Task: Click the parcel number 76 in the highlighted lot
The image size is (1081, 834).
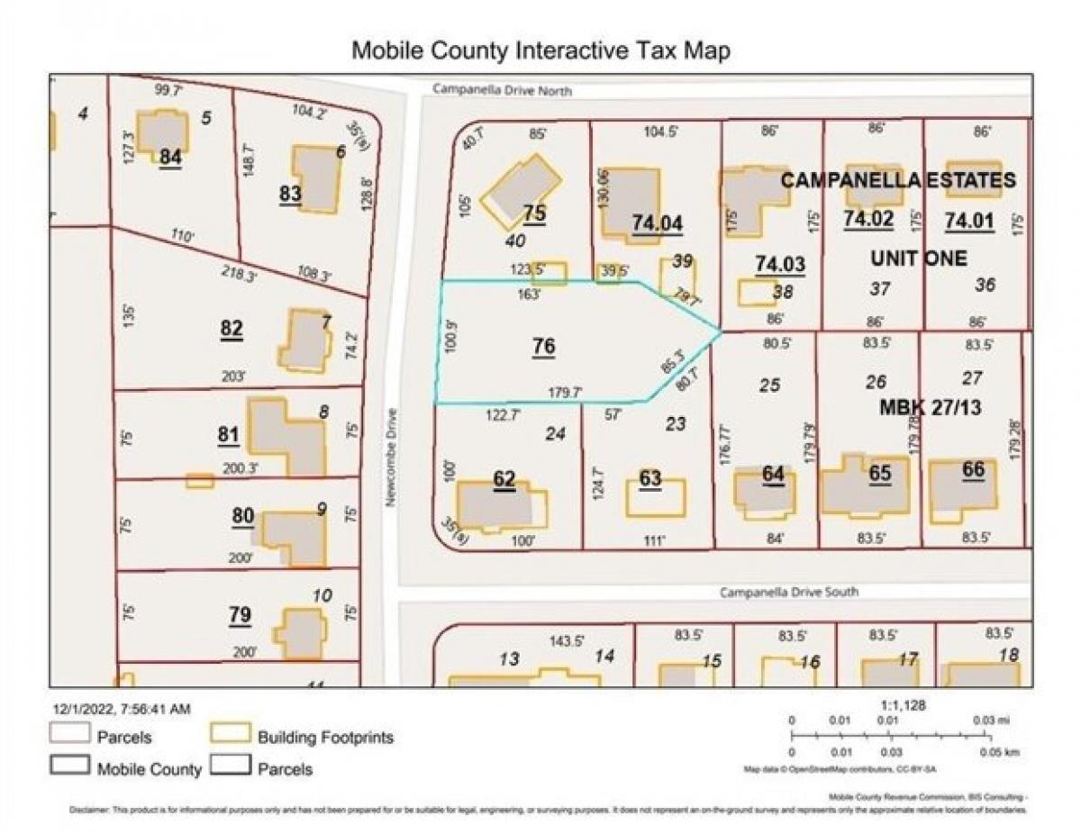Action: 543,347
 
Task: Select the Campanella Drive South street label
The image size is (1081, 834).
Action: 788,593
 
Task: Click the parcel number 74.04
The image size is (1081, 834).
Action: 657,222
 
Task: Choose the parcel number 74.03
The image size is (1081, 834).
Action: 780,264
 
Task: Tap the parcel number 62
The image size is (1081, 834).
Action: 504,479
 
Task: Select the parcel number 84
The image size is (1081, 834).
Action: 170,157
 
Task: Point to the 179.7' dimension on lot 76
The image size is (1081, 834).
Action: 566,393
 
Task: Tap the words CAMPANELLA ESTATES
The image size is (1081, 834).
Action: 897,181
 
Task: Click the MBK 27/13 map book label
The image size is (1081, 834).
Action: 930,408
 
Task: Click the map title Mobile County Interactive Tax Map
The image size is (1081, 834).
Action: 540,50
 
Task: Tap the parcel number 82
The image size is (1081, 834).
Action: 232,330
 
